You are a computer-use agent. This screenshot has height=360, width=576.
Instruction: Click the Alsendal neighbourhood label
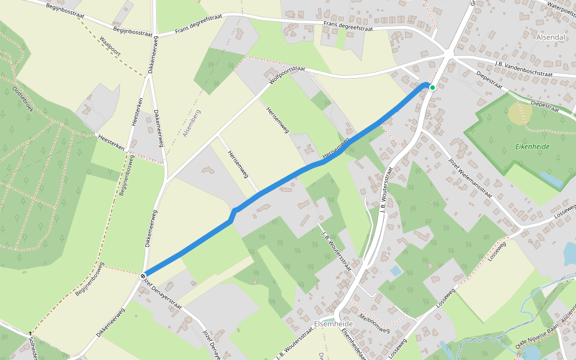click(x=551, y=37)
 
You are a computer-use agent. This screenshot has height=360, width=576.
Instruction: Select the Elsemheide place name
click(x=334, y=323)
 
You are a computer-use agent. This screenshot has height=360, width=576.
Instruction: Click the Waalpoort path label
click(x=110, y=46)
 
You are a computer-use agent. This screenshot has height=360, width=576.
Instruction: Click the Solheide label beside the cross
click(x=34, y=347)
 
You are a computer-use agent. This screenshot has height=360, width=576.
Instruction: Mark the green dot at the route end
click(x=432, y=87)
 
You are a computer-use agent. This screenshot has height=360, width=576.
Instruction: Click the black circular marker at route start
click(x=143, y=275)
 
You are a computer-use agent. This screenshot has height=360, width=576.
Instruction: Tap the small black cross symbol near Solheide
click(x=30, y=333)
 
